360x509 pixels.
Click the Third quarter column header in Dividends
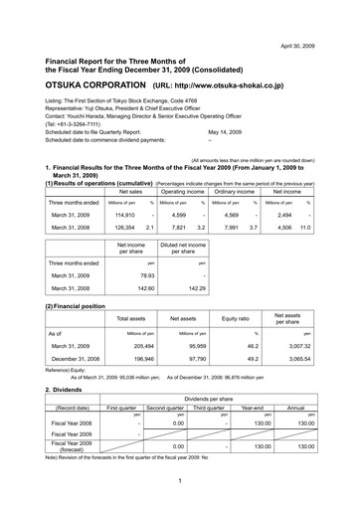click(x=209, y=408)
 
